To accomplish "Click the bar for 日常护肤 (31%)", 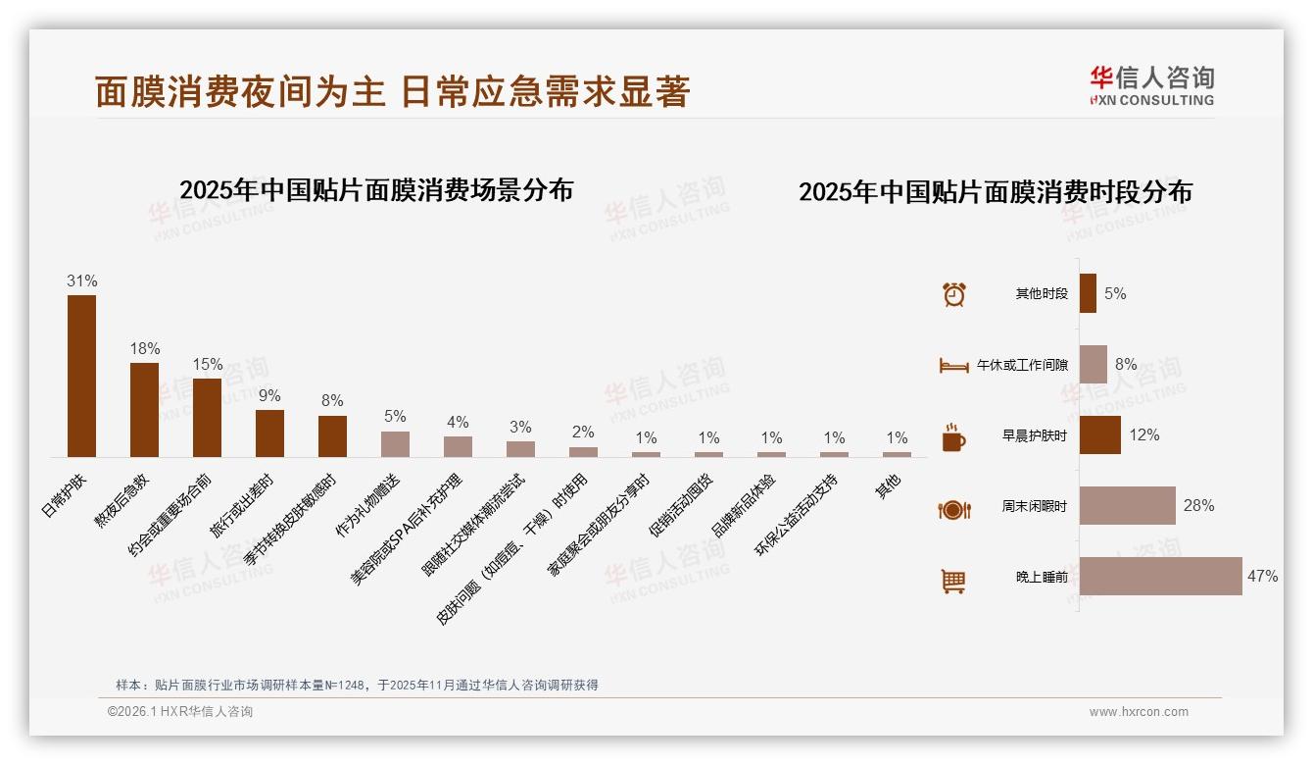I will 81,376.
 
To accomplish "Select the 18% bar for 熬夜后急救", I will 144,410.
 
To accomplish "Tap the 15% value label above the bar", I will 207,365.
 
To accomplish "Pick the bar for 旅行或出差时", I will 269,433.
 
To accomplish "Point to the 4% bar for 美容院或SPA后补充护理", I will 458,446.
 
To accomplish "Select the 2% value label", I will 583,433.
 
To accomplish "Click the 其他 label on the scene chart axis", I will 889,485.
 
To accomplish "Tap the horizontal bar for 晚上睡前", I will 1160,577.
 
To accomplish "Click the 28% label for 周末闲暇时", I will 1198,506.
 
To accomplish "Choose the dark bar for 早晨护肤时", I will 1099,435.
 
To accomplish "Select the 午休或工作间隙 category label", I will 1022,365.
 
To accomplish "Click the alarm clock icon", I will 953,294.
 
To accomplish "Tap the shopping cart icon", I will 953,581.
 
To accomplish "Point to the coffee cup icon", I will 953,437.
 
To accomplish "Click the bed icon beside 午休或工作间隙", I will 953,366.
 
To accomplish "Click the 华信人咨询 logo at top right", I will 1151,86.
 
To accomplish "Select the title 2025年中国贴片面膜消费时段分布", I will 995,192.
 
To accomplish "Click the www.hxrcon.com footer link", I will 1139,712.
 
